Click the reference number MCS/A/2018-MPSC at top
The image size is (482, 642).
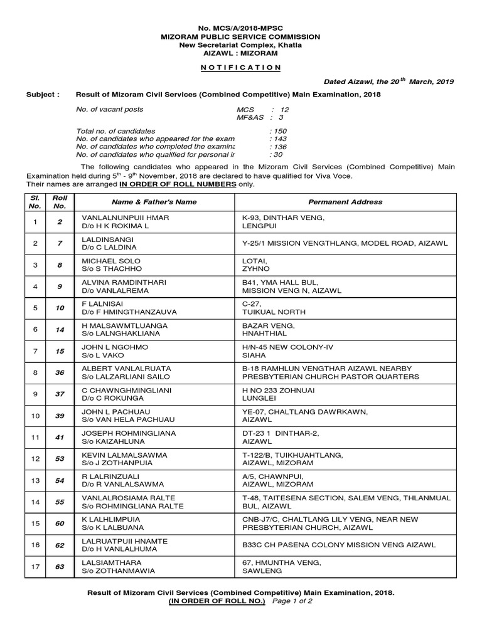click(x=249, y=28)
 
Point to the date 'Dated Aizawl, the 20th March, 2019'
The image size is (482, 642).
click(x=389, y=82)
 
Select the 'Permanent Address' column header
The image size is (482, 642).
click(x=345, y=202)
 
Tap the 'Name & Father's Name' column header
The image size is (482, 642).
click(x=154, y=202)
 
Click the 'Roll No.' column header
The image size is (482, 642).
click(x=60, y=201)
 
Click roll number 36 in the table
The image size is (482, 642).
click(x=60, y=372)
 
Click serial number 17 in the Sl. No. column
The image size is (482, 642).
click(x=36, y=567)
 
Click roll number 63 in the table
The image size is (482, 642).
click(x=60, y=567)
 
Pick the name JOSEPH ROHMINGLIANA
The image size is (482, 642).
click(x=124, y=433)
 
